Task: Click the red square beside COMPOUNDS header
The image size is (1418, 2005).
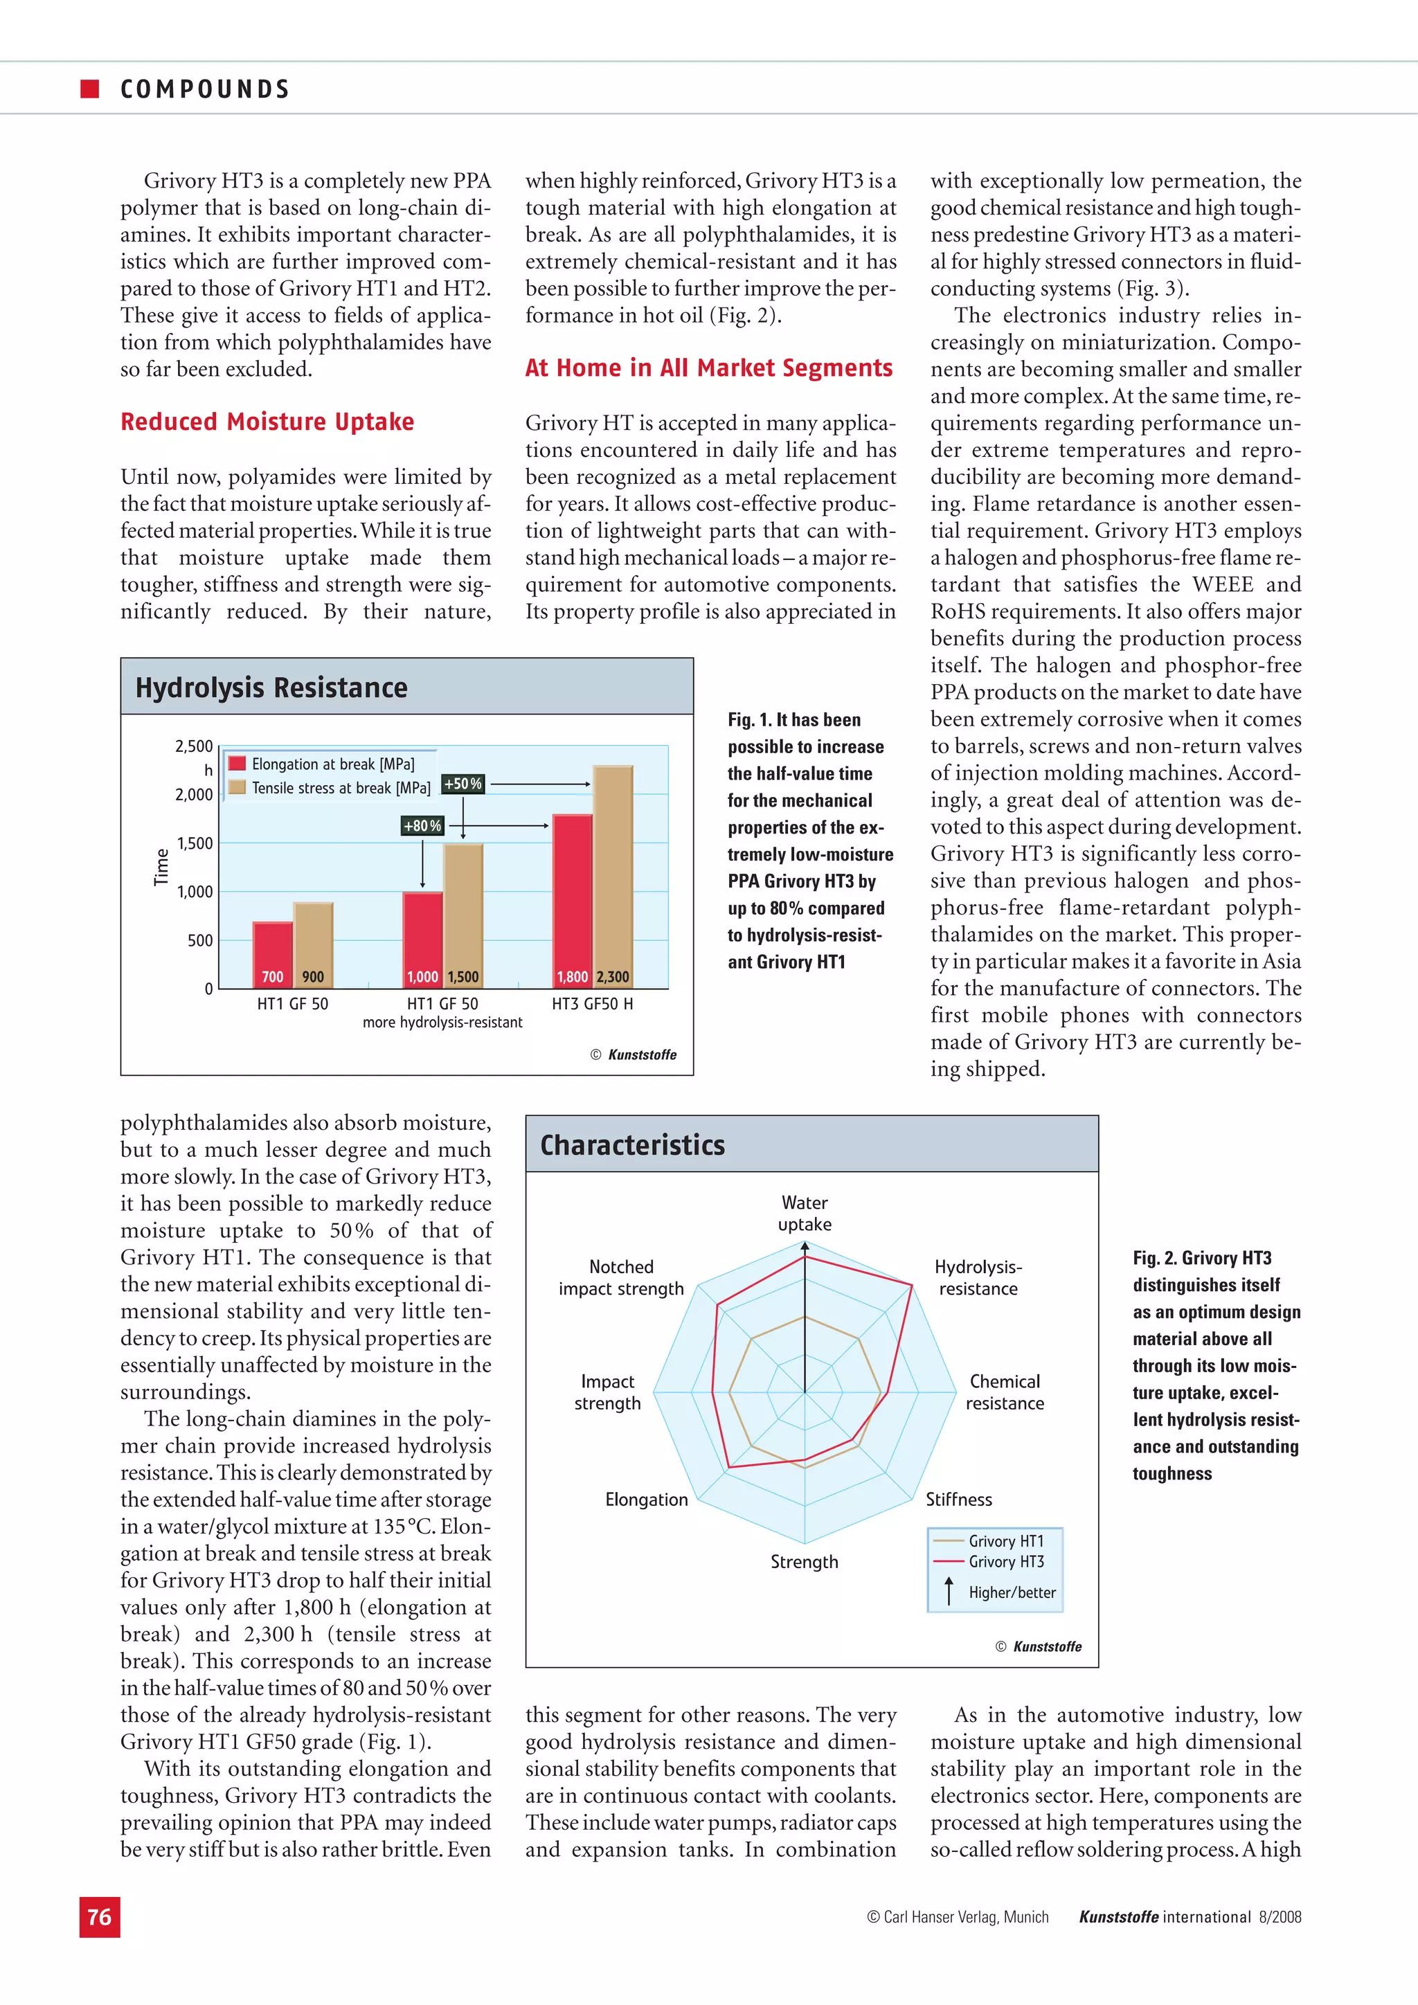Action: click(x=89, y=88)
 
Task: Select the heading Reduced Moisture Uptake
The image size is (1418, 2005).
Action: click(x=267, y=422)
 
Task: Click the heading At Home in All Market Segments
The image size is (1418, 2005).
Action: click(x=708, y=368)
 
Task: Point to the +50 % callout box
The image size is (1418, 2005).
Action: click(x=463, y=784)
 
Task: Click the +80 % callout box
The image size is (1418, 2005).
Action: click(x=422, y=826)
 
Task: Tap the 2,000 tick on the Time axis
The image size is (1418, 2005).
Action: click(x=194, y=795)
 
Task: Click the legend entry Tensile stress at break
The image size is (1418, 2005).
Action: click(x=340, y=788)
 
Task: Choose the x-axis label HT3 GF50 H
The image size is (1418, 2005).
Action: click(x=592, y=1005)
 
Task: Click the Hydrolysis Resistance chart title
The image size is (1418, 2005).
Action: click(x=271, y=688)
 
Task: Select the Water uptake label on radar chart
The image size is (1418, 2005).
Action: click(x=804, y=1213)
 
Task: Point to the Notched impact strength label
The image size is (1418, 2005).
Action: click(x=621, y=1277)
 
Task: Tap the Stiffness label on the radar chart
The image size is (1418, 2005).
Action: click(x=959, y=1500)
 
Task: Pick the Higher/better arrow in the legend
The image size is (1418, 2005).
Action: click(x=949, y=1591)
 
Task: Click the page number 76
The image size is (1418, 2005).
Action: click(x=100, y=1917)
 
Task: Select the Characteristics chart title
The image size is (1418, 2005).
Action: click(x=632, y=1145)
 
